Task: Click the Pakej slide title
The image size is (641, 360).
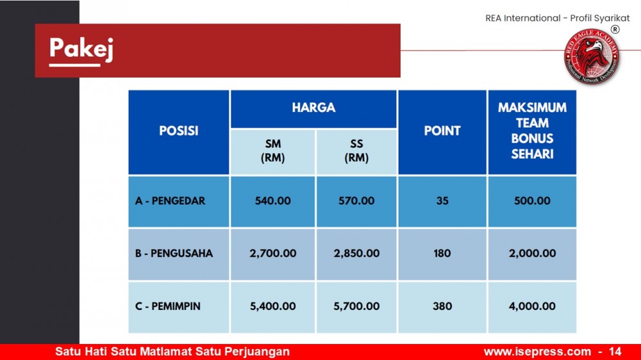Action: tap(81, 49)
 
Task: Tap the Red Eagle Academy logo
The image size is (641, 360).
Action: tap(591, 56)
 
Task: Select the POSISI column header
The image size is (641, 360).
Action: tap(179, 131)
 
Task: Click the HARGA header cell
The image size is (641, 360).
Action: tap(313, 108)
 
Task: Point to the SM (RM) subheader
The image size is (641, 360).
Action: tap(272, 151)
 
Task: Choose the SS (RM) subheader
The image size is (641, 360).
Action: tap(356, 151)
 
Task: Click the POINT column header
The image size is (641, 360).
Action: tap(442, 131)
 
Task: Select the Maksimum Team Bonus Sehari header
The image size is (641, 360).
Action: tap(532, 131)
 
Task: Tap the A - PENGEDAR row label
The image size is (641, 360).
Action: tap(170, 201)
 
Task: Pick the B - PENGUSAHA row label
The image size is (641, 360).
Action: tap(174, 254)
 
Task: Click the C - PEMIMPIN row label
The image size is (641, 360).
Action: tap(167, 306)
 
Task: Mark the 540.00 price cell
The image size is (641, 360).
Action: tap(272, 201)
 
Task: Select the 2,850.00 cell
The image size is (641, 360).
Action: tap(356, 254)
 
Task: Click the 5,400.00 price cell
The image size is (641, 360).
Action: tap(272, 306)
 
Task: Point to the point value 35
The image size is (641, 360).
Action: tap(442, 201)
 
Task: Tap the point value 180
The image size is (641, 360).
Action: tap(442, 254)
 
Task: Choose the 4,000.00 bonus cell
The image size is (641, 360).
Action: tap(532, 306)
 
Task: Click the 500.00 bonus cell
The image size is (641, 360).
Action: tap(532, 201)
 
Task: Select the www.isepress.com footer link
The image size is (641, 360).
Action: tap(537, 352)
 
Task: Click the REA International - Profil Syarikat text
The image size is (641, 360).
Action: tap(558, 19)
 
